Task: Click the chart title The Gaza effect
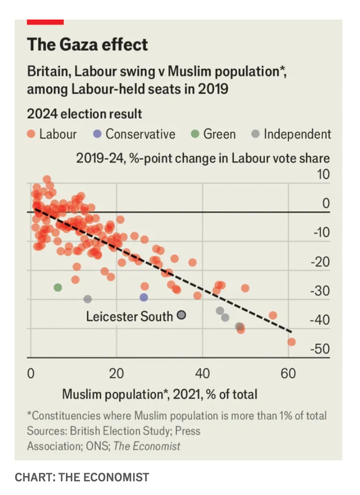[x=87, y=44]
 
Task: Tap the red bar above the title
[x=45, y=21]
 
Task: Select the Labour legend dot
[x=31, y=134]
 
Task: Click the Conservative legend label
[x=140, y=134]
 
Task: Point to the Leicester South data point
[x=181, y=315]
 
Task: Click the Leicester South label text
[x=129, y=316]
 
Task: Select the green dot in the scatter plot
[x=58, y=288]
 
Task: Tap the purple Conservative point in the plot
[x=144, y=297]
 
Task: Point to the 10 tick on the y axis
[x=323, y=175]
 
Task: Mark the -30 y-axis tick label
[x=321, y=291]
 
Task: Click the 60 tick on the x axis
[x=288, y=374]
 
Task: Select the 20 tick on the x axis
[x=117, y=374]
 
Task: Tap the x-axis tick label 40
[x=202, y=374]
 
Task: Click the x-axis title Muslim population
[x=160, y=393]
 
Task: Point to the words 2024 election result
[x=84, y=114]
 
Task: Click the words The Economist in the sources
[x=147, y=446]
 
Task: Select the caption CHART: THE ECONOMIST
[x=82, y=477]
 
